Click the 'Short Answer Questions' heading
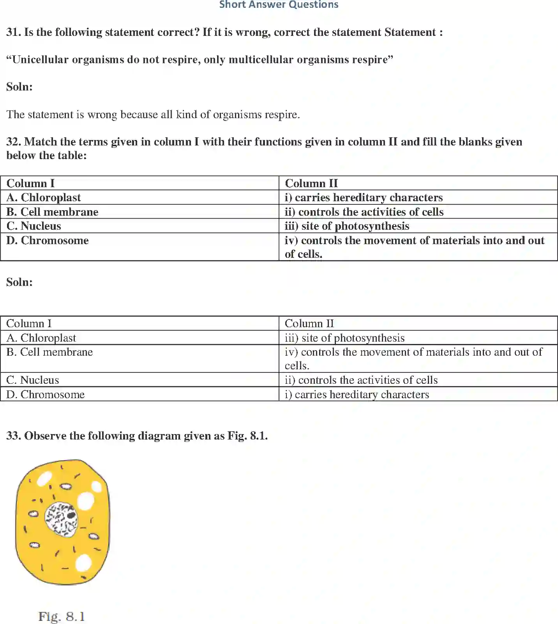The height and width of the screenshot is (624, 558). [279, 5]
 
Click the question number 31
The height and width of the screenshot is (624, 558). [13, 32]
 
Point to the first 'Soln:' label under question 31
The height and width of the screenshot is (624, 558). [19, 87]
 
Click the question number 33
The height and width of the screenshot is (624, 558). [13, 436]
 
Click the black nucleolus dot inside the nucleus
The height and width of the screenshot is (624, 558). [71, 515]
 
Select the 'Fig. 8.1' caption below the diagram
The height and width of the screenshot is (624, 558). [62, 617]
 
